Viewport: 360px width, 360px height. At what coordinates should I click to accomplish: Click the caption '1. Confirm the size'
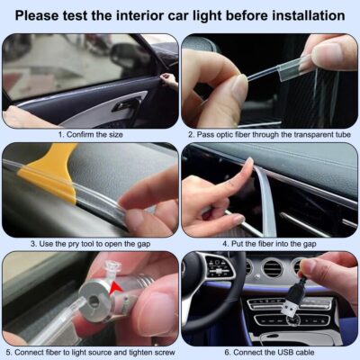(x=90, y=134)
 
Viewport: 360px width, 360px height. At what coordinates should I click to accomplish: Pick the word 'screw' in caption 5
(x=162, y=353)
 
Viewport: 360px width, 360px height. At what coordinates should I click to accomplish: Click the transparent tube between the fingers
(x=270, y=76)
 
